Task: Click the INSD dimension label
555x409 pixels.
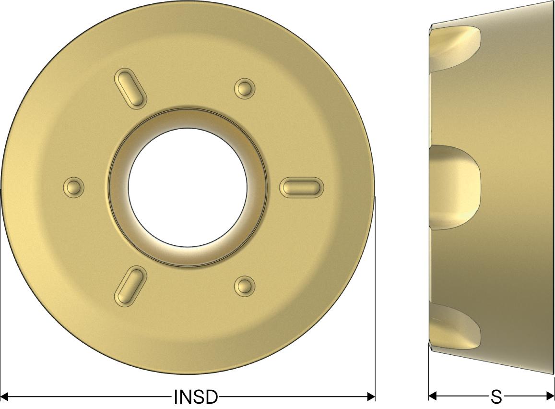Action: [x=196, y=397]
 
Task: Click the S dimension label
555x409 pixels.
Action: [x=496, y=397]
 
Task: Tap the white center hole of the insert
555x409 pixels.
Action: [x=188, y=187]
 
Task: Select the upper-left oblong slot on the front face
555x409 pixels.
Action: [x=130, y=87]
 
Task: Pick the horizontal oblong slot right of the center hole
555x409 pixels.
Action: [x=302, y=186]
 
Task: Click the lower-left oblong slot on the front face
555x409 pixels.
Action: [x=130, y=286]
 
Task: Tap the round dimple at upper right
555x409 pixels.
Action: [x=245, y=88]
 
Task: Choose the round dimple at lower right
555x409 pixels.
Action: [x=245, y=286]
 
